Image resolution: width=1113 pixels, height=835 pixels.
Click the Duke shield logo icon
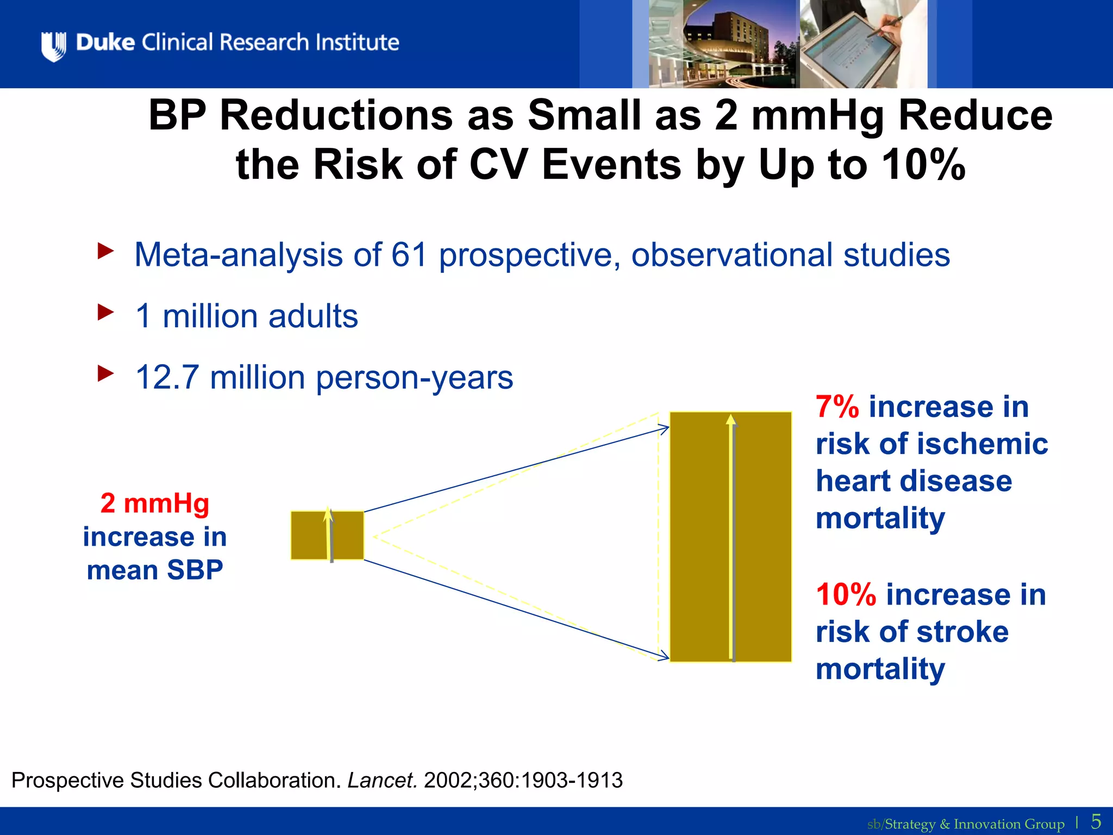click(x=53, y=46)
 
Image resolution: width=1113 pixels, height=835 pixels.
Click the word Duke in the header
click(x=105, y=42)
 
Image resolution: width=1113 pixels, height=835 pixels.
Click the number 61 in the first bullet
click(x=409, y=254)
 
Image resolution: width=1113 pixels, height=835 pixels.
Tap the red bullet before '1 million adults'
click(x=105, y=313)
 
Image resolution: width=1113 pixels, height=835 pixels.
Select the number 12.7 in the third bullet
click(x=167, y=377)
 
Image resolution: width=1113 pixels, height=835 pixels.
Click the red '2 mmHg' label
click(x=155, y=503)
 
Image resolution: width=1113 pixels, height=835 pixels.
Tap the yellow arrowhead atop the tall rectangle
click(x=731, y=419)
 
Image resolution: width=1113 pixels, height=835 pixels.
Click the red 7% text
click(x=837, y=407)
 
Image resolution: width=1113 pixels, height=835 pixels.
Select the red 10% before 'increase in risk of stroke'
click(x=846, y=595)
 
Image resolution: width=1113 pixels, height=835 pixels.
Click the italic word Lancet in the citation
click(x=382, y=781)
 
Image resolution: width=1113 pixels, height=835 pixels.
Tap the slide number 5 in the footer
click(x=1096, y=821)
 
